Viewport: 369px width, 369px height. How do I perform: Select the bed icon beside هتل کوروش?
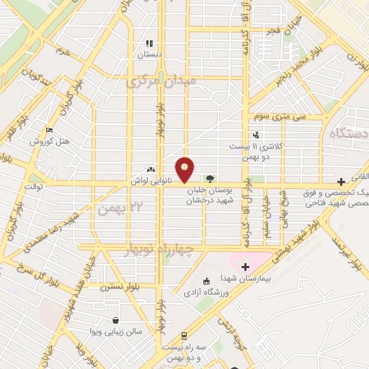coord(49,130)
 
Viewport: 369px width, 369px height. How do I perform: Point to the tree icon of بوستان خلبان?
coord(210,177)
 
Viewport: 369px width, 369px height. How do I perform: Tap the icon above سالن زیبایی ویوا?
coord(115,321)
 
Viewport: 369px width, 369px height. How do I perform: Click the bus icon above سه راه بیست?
coord(184,335)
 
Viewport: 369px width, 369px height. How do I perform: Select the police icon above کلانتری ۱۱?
coord(255,135)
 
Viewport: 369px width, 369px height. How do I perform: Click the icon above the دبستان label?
coord(150,44)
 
